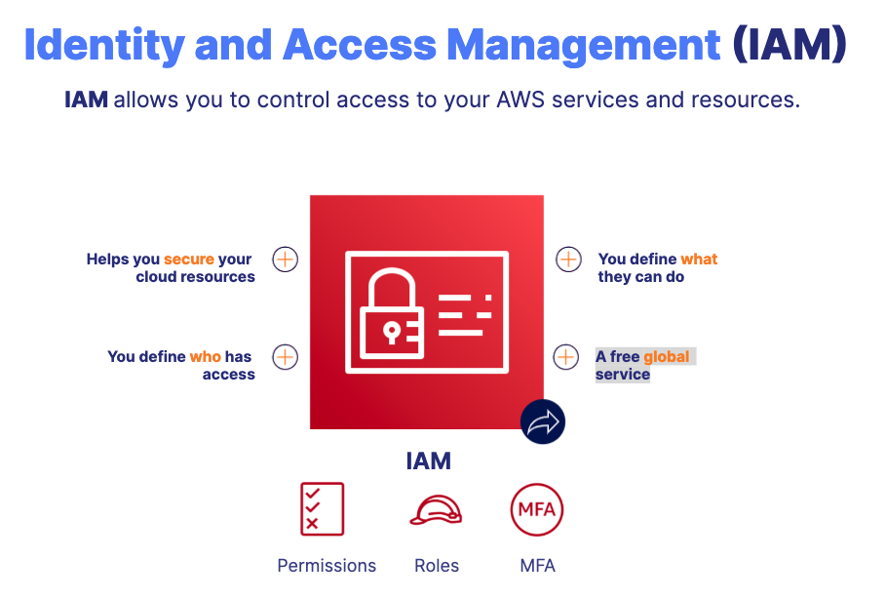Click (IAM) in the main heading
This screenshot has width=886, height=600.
click(x=790, y=46)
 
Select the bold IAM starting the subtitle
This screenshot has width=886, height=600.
click(x=86, y=100)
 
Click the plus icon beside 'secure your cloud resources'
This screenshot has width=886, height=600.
click(x=285, y=260)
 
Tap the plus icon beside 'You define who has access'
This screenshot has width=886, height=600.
click(x=285, y=357)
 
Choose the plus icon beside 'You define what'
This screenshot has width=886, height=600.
click(x=568, y=260)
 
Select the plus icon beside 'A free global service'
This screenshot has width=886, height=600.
click(x=566, y=357)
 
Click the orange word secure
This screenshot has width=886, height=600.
click(x=188, y=260)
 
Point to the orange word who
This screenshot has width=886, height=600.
click(x=205, y=357)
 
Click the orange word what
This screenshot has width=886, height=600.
click(x=699, y=260)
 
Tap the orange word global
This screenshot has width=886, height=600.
click(x=667, y=357)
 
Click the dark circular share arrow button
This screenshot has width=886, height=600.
click(x=543, y=421)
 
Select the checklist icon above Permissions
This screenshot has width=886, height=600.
click(x=322, y=509)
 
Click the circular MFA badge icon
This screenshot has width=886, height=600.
click(x=537, y=509)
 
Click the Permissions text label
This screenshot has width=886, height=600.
click(x=327, y=566)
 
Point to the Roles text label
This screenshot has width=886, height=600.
click(x=437, y=566)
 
